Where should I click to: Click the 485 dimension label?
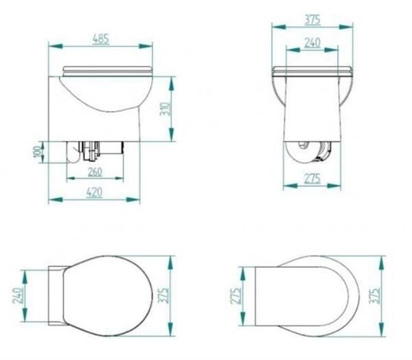point(101,39)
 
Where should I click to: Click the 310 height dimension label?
point(165,109)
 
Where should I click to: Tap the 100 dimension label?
point(38,152)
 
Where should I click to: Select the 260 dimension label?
point(95,172)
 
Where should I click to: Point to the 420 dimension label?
point(94,192)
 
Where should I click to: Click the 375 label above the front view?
point(312,19)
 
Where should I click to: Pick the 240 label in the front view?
point(312,43)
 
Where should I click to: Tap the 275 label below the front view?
point(312,179)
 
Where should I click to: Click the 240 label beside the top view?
point(18,295)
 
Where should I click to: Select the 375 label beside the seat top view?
point(163,295)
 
